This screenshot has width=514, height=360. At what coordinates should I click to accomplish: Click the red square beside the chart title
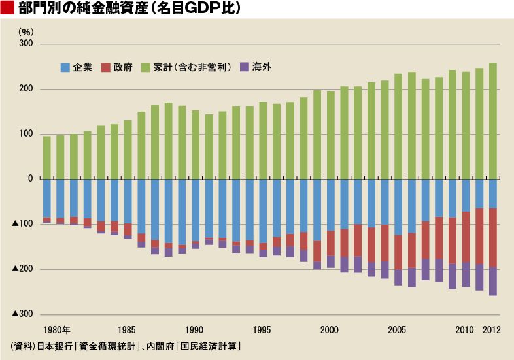[x=8, y=8]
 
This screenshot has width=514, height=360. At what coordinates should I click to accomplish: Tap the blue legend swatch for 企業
[x=65, y=67]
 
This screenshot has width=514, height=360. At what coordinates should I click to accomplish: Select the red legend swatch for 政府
[x=105, y=67]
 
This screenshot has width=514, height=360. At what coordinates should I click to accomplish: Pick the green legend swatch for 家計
[x=146, y=67]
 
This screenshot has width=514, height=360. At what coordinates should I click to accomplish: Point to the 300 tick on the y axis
[x=26, y=44]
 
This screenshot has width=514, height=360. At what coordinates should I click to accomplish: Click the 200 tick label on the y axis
[x=26, y=90]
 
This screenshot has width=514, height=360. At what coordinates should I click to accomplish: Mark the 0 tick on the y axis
[x=29, y=179]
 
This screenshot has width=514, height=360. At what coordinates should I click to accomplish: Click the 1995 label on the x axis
[x=262, y=329]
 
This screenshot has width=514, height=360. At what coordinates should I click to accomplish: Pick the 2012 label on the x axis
[x=492, y=329]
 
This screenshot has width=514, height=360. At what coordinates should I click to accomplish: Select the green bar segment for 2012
[x=492, y=121]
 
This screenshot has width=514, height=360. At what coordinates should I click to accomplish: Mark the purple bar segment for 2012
[x=492, y=282]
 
